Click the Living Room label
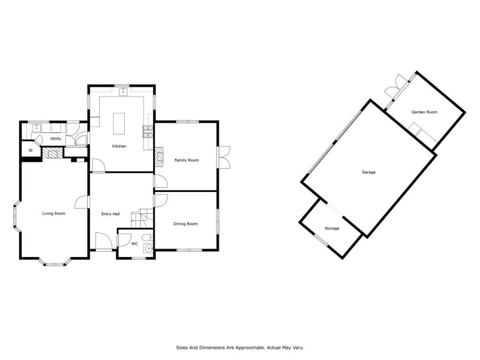53,213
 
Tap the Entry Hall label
110,214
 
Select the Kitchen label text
119,146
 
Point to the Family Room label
187,160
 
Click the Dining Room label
186,224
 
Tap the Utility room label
55,139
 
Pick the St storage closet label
30,150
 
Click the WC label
134,244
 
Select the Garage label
369,172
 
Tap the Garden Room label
425,112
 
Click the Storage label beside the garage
332,228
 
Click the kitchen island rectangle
119,124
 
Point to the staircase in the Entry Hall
142,218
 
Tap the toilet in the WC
148,237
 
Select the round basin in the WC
149,248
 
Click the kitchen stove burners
148,131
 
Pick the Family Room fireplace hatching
159,157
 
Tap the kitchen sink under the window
123,91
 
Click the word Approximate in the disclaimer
248,348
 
